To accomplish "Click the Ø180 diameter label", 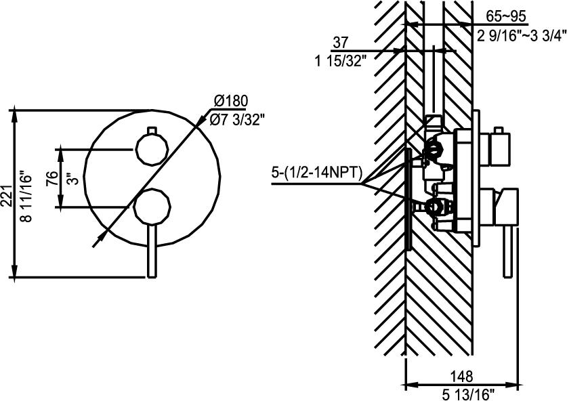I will (x=230, y=102).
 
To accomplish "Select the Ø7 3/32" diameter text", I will (x=237, y=120).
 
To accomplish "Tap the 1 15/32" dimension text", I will (x=341, y=62).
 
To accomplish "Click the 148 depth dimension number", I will (x=461, y=375).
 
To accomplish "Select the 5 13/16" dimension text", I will (x=462, y=393).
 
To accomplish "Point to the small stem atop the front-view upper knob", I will (x=152, y=129).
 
